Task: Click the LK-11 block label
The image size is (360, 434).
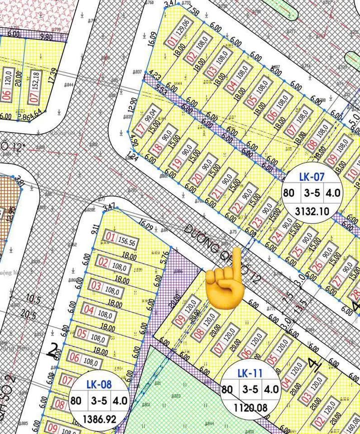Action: click(249, 373)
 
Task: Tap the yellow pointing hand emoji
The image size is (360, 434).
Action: click(223, 285)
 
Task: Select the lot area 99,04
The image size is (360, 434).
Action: click(150, 118)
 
